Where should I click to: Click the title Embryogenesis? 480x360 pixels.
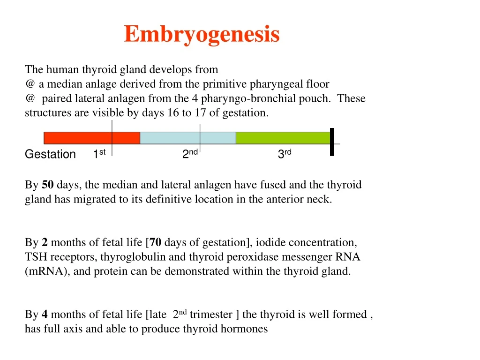click(x=202, y=34)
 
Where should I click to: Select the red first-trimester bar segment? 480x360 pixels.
click(x=91, y=138)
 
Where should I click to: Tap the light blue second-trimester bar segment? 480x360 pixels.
click(x=187, y=138)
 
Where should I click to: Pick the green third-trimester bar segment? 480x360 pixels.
click(x=283, y=138)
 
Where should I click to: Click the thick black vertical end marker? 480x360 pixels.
click(x=332, y=142)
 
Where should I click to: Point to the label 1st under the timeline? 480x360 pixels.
click(x=99, y=154)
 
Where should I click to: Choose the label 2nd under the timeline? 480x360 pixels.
click(x=190, y=154)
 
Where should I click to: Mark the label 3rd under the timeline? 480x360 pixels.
click(x=285, y=154)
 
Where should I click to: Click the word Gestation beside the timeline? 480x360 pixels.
click(x=50, y=155)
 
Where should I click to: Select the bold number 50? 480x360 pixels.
click(x=47, y=185)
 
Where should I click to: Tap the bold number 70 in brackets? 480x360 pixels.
click(x=156, y=243)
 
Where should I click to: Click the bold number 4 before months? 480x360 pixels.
click(x=45, y=315)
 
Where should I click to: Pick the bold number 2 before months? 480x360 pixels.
click(x=45, y=243)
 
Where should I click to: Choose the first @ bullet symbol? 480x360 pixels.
click(x=30, y=84)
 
